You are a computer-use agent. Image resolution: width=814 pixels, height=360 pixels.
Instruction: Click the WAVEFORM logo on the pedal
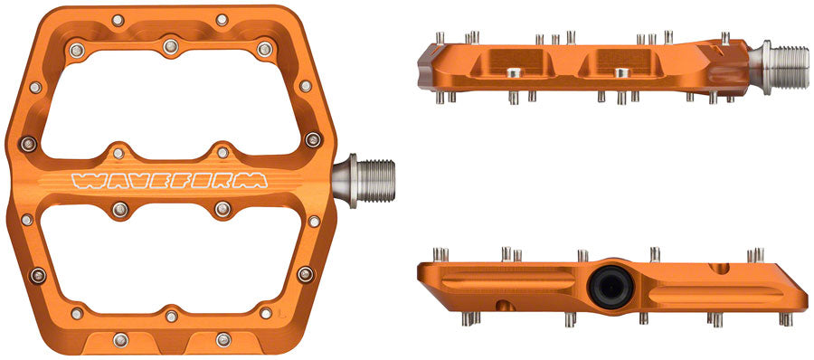(x=169, y=178)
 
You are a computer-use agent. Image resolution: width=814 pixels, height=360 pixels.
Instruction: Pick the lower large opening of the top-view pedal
(x=168, y=263)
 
